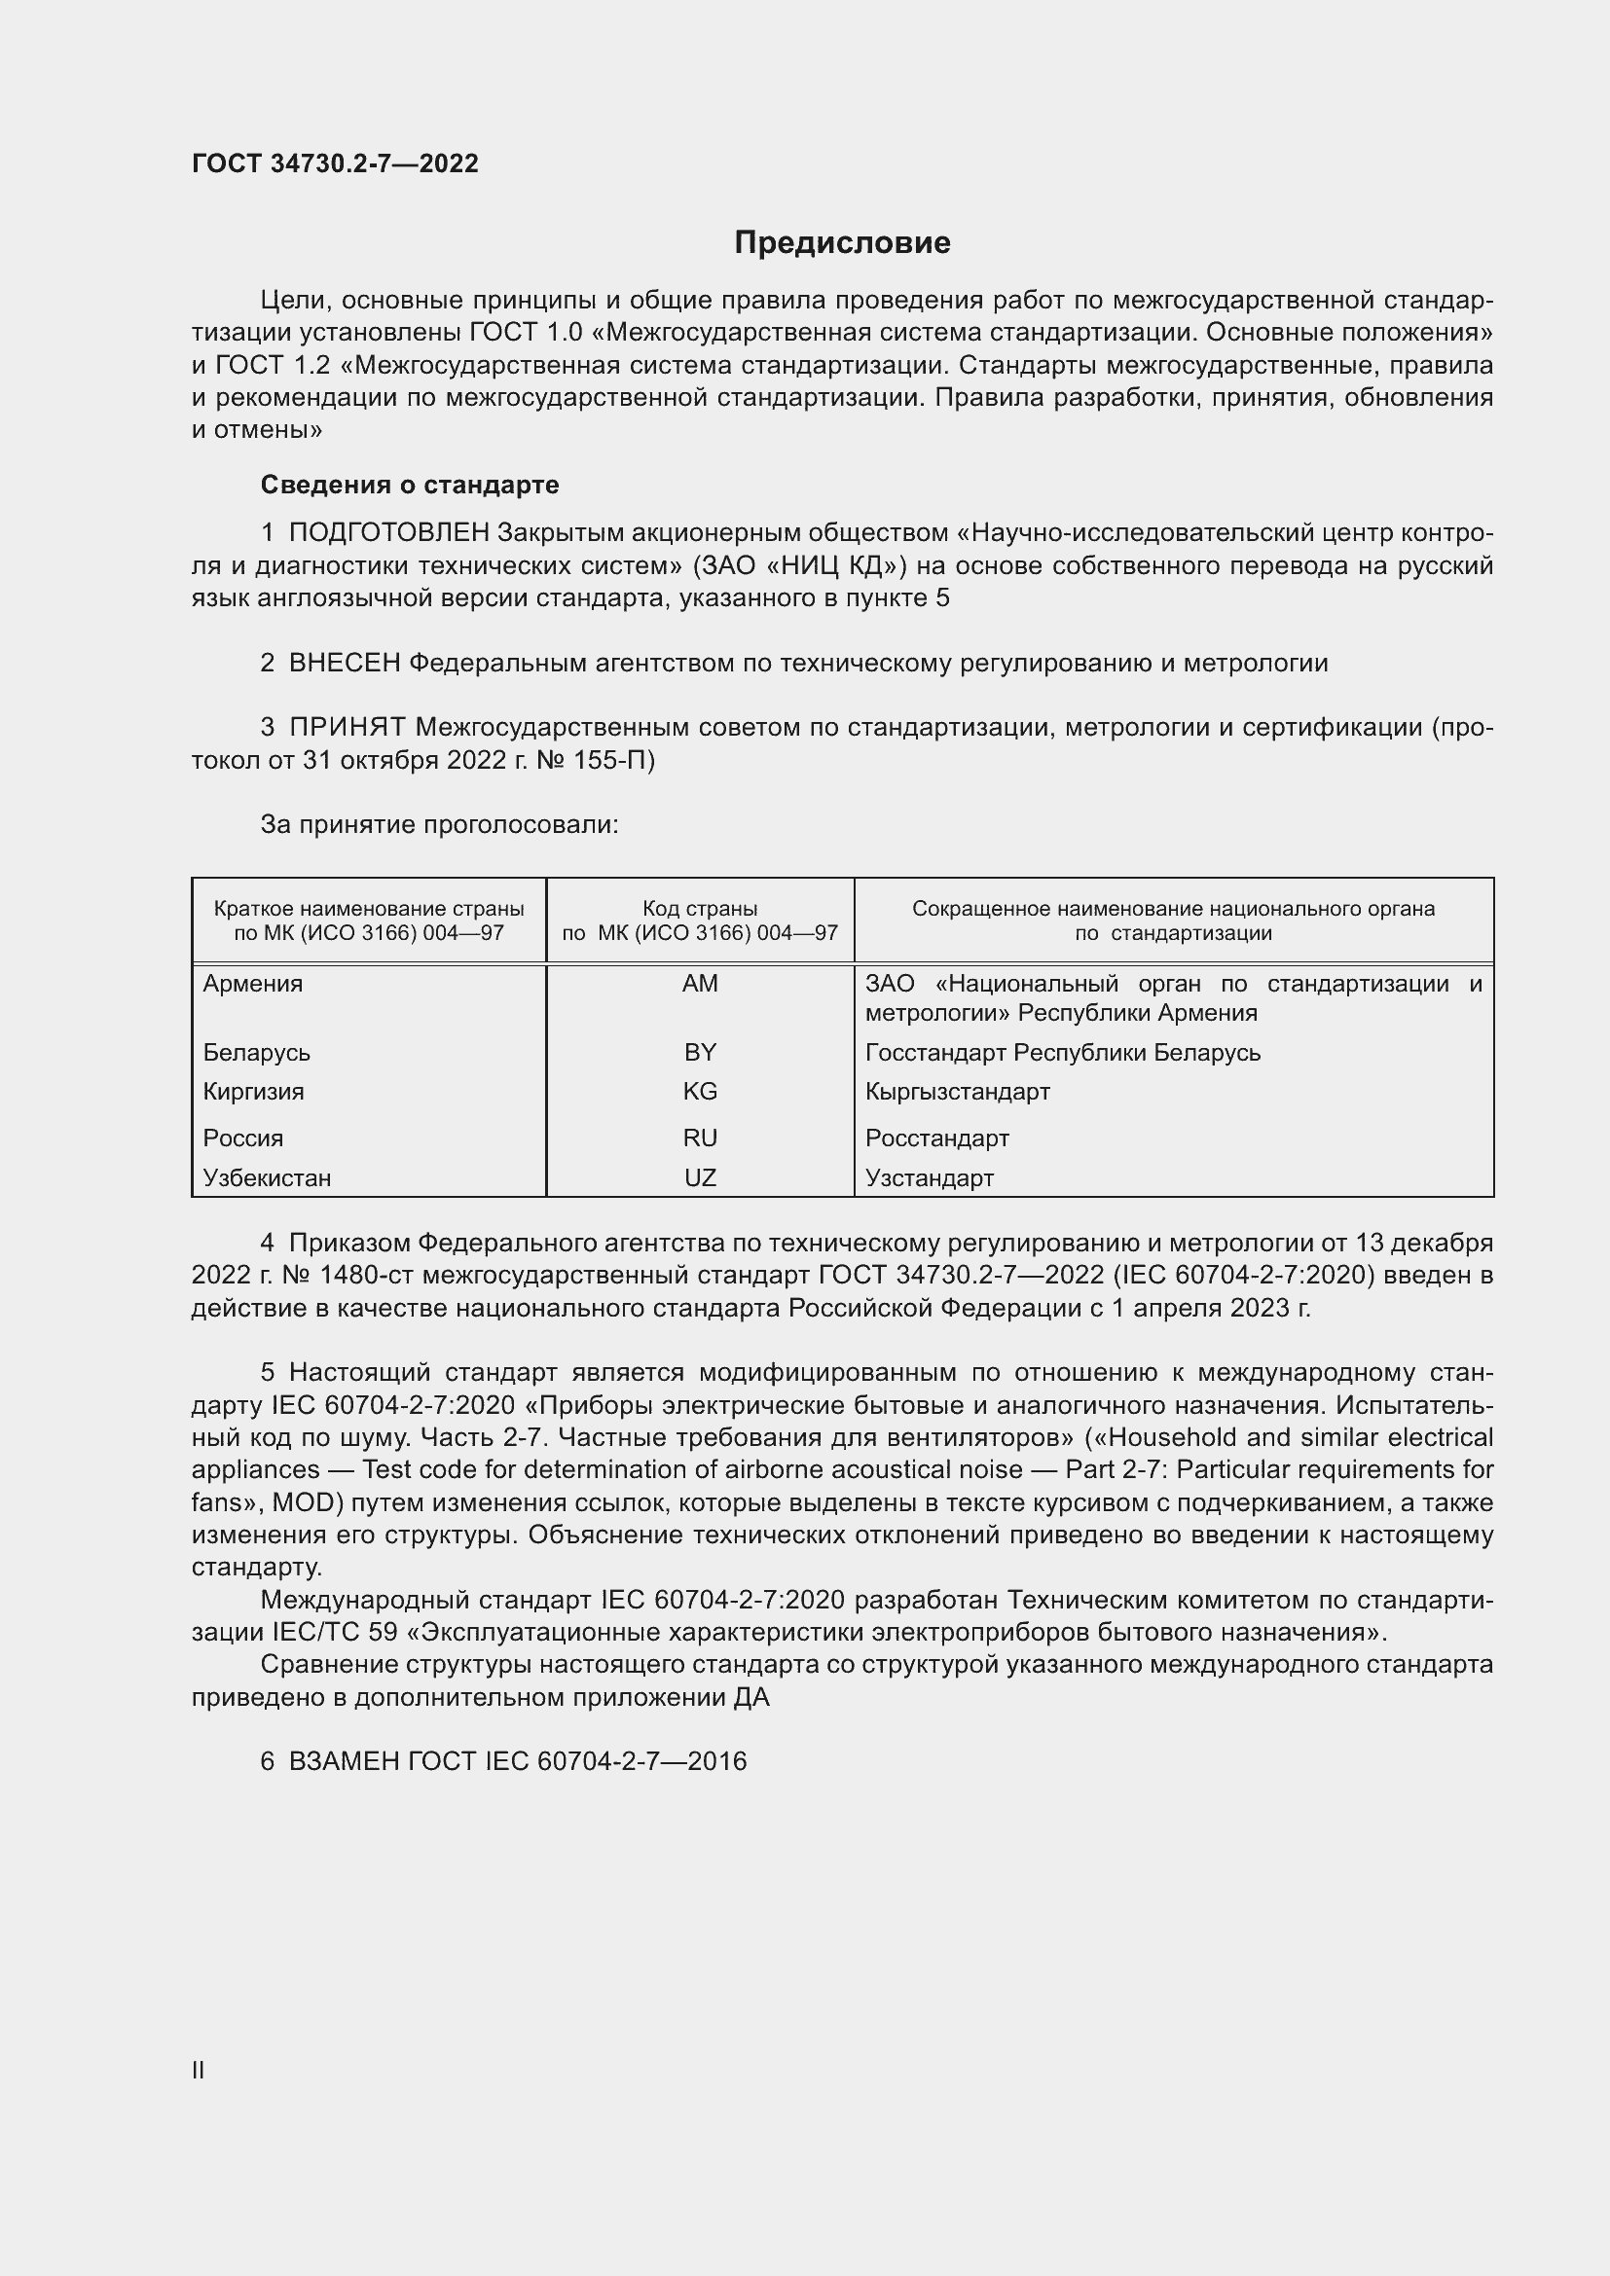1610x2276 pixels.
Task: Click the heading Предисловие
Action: coord(842,243)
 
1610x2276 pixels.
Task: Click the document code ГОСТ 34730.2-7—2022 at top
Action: coord(335,163)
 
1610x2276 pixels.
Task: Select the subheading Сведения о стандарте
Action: coord(410,485)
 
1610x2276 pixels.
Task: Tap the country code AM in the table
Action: coord(700,984)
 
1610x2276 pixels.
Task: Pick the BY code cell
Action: coord(700,1052)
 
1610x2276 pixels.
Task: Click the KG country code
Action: coord(700,1092)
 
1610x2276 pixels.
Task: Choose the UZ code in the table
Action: coord(700,1177)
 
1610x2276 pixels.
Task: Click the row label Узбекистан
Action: coord(267,1177)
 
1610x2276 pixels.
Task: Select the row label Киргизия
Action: coord(253,1092)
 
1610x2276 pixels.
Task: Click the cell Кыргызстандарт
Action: coord(957,1092)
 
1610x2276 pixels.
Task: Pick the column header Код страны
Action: coord(700,908)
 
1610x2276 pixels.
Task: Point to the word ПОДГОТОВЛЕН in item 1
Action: coord(388,533)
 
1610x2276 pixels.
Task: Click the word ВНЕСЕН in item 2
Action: coord(344,664)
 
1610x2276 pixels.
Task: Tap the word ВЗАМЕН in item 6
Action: coord(343,1761)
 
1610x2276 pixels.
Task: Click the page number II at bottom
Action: coord(199,2070)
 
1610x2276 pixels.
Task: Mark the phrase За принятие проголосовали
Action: coord(439,825)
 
